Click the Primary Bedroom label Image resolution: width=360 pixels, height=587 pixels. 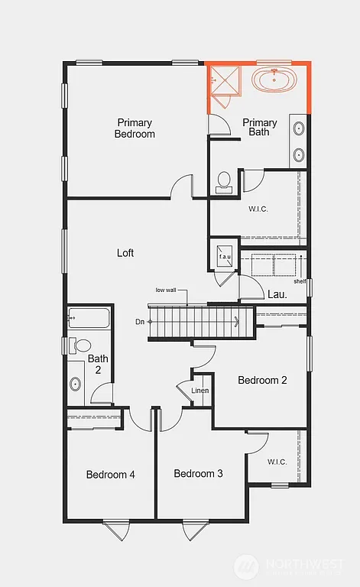tap(135, 128)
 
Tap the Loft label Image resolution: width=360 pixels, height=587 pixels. tap(125, 252)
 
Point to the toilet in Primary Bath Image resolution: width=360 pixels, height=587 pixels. tap(224, 181)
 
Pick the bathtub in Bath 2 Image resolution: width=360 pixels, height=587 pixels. tap(89, 317)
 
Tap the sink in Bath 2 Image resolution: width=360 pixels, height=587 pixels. tap(76, 384)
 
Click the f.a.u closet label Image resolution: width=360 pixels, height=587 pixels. tap(225, 257)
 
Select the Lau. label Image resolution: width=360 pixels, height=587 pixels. tap(277, 293)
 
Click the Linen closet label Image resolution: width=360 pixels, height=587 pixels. tap(200, 391)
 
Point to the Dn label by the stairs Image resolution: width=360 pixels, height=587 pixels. tap(140, 322)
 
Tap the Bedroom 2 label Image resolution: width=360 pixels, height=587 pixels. tap(262, 380)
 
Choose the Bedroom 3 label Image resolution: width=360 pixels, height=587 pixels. tap(198, 474)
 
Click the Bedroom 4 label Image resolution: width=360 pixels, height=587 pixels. tap(110, 475)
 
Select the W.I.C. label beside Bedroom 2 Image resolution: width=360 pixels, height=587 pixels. tap(277, 462)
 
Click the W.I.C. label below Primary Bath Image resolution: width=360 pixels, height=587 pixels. tap(257, 208)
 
